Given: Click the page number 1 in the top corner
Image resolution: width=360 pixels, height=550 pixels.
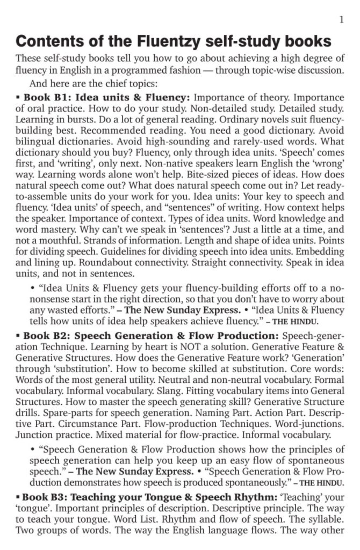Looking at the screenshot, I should click(x=341, y=20).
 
